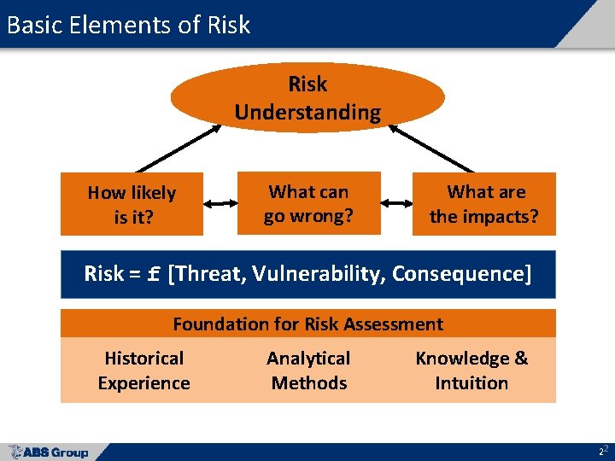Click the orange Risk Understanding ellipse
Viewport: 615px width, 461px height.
[307, 97]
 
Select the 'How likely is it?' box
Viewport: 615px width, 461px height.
[132, 204]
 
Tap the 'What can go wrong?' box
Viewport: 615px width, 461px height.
[308, 203]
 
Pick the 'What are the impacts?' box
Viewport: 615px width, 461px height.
[484, 203]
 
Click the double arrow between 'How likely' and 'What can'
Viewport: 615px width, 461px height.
[220, 204]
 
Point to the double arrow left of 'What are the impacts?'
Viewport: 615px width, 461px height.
[396, 204]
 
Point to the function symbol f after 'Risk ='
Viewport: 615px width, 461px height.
[155, 274]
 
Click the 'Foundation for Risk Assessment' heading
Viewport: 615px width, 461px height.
[307, 324]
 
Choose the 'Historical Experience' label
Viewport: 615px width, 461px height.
[143, 371]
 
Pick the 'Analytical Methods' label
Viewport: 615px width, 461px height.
[308, 371]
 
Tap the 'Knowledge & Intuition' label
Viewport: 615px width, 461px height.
[471, 371]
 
